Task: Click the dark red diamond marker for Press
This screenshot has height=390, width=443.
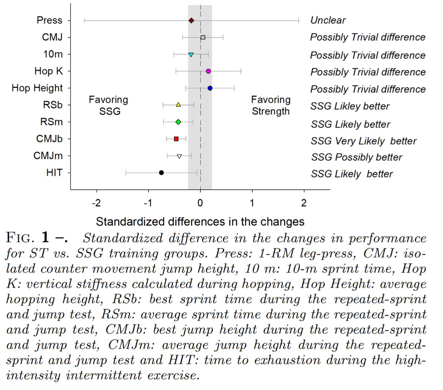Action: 191,21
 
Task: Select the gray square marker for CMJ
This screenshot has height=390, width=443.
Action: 203,37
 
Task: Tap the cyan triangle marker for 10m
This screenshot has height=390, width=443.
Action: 191,54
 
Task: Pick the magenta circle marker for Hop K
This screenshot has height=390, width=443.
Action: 208,71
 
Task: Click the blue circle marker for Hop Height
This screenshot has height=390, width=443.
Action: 210,88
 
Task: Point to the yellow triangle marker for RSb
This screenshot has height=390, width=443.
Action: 178,105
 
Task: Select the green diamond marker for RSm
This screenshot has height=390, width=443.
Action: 178,122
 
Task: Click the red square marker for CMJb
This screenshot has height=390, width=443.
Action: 176,139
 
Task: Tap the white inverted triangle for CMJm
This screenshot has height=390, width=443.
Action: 179,156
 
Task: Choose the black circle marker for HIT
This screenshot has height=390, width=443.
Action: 161,173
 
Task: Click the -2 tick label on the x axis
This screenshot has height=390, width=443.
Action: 96,203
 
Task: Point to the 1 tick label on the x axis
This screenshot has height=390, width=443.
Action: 252,203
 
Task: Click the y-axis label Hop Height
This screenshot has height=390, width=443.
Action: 37,88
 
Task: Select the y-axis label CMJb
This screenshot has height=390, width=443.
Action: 49,139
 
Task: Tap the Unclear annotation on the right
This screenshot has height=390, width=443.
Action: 328,20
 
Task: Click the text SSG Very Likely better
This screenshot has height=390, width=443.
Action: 363,141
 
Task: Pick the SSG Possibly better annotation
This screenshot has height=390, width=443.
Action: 356,157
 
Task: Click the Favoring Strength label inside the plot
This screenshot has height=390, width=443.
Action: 271,105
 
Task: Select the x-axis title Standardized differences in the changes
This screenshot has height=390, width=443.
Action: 200,222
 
